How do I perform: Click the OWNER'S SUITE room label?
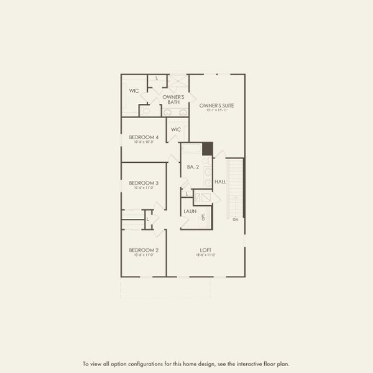[x=216, y=106]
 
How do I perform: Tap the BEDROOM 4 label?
[x=144, y=137]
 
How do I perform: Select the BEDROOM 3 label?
[x=144, y=183]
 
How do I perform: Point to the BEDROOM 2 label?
[x=144, y=250]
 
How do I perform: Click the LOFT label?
[x=206, y=250]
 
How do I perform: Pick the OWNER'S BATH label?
[x=173, y=99]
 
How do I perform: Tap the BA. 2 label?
[x=192, y=167]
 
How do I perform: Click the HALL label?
[x=220, y=182]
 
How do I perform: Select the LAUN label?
[x=190, y=211]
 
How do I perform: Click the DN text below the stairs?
[x=235, y=220]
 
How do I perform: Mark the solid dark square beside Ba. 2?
[x=207, y=149]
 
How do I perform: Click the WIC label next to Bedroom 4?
[x=176, y=129]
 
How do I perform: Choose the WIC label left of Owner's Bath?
[x=134, y=91]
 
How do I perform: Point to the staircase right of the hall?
[x=235, y=186]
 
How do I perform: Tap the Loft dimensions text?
[x=206, y=255]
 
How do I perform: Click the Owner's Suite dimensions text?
[x=216, y=111]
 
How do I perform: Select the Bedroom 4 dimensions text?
[x=144, y=142]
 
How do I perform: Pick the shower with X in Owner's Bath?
[x=178, y=81]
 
